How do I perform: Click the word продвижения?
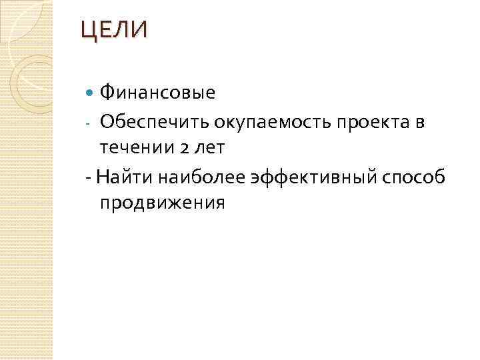(x=163, y=204)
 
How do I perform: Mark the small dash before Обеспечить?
(x=89, y=123)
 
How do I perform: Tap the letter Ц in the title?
(x=88, y=31)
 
